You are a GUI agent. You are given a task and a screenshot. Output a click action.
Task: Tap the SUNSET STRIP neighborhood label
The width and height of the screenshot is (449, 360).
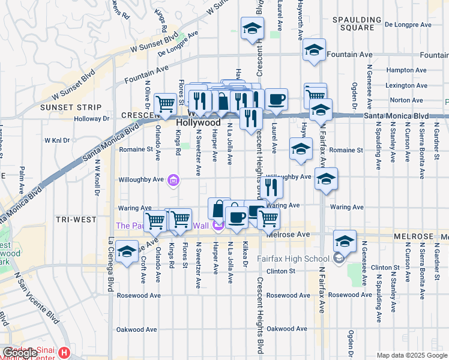(63, 107)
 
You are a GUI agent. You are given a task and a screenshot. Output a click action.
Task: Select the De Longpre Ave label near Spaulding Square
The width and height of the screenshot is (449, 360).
(408, 25)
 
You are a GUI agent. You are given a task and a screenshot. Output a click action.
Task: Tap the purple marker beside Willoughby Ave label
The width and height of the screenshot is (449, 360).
(173, 179)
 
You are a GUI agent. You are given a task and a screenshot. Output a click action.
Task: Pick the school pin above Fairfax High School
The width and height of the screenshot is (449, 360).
(345, 241)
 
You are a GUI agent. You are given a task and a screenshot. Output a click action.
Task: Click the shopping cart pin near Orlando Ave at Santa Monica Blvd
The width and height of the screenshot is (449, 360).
(165, 103)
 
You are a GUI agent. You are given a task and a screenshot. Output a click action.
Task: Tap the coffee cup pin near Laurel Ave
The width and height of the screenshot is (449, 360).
(276, 100)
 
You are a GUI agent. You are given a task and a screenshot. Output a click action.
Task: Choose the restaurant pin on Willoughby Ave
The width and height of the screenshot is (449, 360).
(272, 188)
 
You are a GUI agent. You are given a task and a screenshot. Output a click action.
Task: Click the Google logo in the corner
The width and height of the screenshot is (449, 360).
(19, 352)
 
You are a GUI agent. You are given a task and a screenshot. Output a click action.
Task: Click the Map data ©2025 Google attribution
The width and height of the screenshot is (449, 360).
(411, 355)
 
